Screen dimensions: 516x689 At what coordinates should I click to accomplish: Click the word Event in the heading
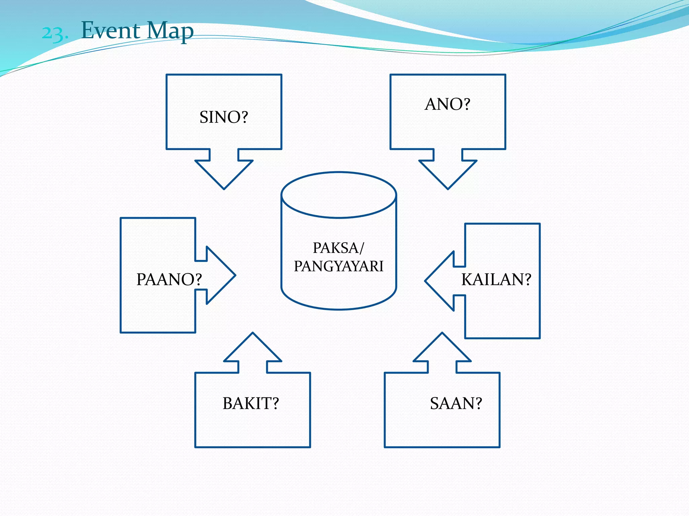coord(110,31)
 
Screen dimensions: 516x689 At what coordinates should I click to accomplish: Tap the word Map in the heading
coord(170,31)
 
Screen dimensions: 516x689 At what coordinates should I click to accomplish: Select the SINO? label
coord(224,117)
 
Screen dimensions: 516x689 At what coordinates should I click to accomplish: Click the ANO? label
coord(447,104)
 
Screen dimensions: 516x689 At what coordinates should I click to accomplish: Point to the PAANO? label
coord(169,279)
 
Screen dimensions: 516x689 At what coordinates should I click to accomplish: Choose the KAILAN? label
coord(496,279)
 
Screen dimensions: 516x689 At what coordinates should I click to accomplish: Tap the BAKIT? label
coord(251,403)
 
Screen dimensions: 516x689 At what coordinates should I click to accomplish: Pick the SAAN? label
coord(456,403)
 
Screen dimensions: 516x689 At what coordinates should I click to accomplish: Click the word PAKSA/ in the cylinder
coord(338,248)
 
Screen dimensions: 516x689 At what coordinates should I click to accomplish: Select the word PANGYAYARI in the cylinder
coord(338,266)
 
